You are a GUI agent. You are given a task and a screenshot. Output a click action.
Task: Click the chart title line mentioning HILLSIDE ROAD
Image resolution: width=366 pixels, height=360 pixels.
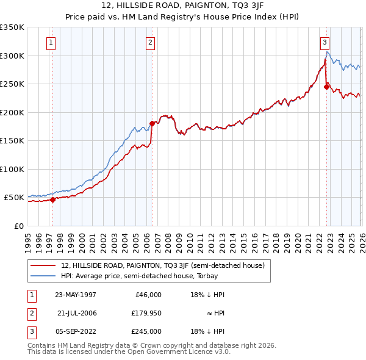[183, 5]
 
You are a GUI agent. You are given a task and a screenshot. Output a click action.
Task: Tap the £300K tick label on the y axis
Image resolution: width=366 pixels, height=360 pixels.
[12, 56]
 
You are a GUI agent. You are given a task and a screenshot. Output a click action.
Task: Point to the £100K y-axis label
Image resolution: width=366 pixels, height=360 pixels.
[12, 169]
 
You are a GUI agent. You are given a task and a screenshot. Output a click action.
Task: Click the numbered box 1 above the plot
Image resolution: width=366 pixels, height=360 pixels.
[50, 43]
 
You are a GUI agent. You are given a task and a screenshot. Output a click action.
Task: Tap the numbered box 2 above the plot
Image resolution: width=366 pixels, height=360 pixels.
[150, 43]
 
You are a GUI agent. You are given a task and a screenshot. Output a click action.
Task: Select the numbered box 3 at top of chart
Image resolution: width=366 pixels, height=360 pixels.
[325, 43]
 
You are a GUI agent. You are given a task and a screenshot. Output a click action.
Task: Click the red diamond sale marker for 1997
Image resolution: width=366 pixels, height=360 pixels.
[53, 199]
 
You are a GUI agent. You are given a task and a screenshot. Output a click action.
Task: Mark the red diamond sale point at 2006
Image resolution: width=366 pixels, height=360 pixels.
[152, 123]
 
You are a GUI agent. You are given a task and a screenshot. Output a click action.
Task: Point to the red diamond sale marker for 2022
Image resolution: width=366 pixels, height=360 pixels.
[326, 87]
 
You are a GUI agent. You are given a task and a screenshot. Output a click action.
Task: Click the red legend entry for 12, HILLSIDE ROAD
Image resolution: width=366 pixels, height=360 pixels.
[162, 265]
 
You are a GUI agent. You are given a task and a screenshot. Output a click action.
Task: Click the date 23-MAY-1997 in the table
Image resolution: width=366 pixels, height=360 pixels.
[75, 295]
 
